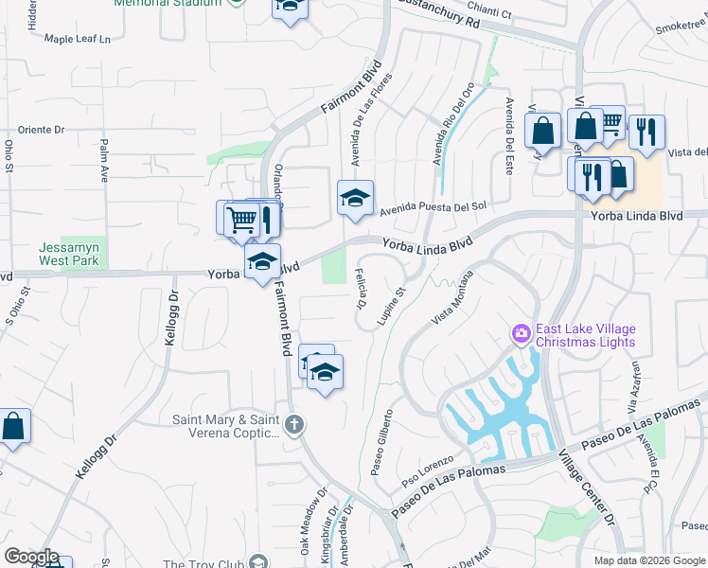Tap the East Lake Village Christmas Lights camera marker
(x=521, y=334)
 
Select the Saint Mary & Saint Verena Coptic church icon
(x=294, y=425)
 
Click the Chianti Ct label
(x=494, y=14)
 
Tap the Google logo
(x=31, y=557)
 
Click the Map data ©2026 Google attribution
(x=650, y=560)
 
